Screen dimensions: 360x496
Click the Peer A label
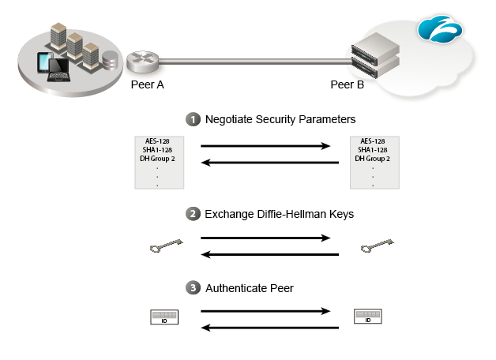click(147, 84)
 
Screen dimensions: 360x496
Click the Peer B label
click(347, 84)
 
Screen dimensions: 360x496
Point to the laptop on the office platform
click(59, 69)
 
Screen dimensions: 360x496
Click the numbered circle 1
click(192, 120)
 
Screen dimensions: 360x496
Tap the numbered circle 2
click(192, 213)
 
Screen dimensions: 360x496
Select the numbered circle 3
click(192, 288)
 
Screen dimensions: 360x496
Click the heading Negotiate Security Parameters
click(280, 120)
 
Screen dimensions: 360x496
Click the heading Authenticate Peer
click(249, 288)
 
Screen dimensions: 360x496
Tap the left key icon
click(165, 247)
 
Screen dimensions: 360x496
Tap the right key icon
click(376, 247)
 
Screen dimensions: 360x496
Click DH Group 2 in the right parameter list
click(374, 159)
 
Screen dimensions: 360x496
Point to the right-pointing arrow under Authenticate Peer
click(265, 311)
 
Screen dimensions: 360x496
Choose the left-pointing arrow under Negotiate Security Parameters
click(270, 163)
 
